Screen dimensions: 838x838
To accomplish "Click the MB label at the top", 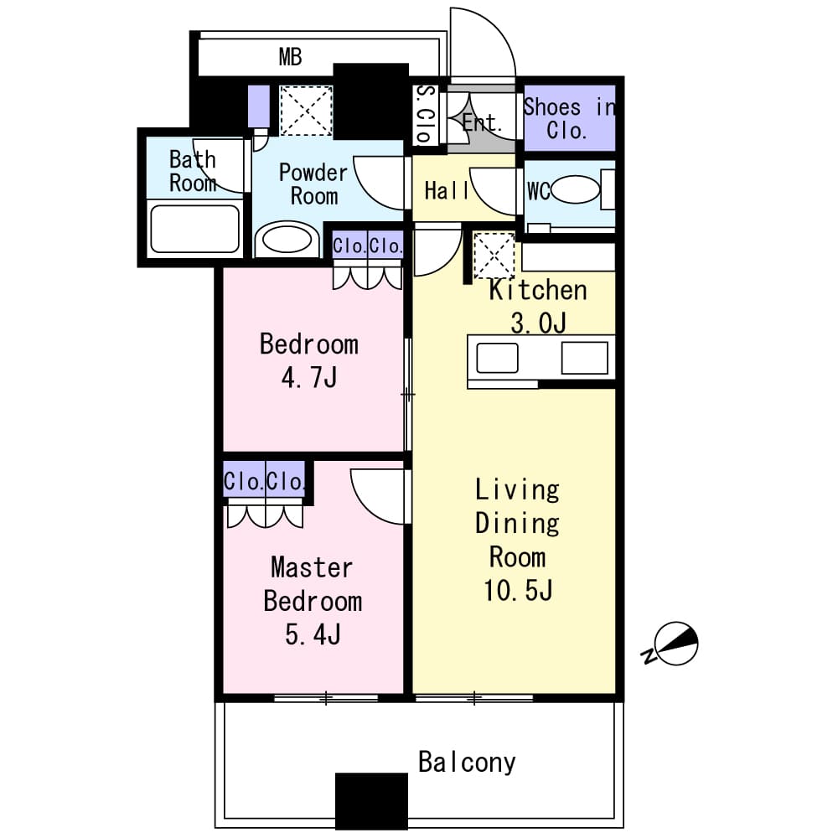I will click(x=290, y=58).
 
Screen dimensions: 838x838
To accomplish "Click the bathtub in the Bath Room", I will click(x=194, y=229).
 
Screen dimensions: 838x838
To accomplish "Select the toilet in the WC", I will click(x=575, y=189).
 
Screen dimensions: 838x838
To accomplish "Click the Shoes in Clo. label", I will click(x=568, y=118).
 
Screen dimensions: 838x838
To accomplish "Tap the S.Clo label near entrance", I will click(x=425, y=116).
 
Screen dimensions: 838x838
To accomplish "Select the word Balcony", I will click(x=467, y=763).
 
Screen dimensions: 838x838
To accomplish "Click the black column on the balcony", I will click(x=371, y=800).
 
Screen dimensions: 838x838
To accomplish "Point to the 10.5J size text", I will click(x=517, y=591).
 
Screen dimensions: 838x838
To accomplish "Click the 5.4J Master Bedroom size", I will click(x=313, y=634).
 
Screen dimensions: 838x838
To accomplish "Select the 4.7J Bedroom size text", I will click(x=308, y=378).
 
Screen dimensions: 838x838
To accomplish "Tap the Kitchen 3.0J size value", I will click(x=537, y=323).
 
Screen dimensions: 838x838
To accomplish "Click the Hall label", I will click(x=447, y=191).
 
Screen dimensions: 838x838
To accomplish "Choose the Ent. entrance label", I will click(x=483, y=123).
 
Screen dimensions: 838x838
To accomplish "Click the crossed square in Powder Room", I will click(x=305, y=109).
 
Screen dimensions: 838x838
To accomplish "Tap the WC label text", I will click(x=538, y=191).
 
